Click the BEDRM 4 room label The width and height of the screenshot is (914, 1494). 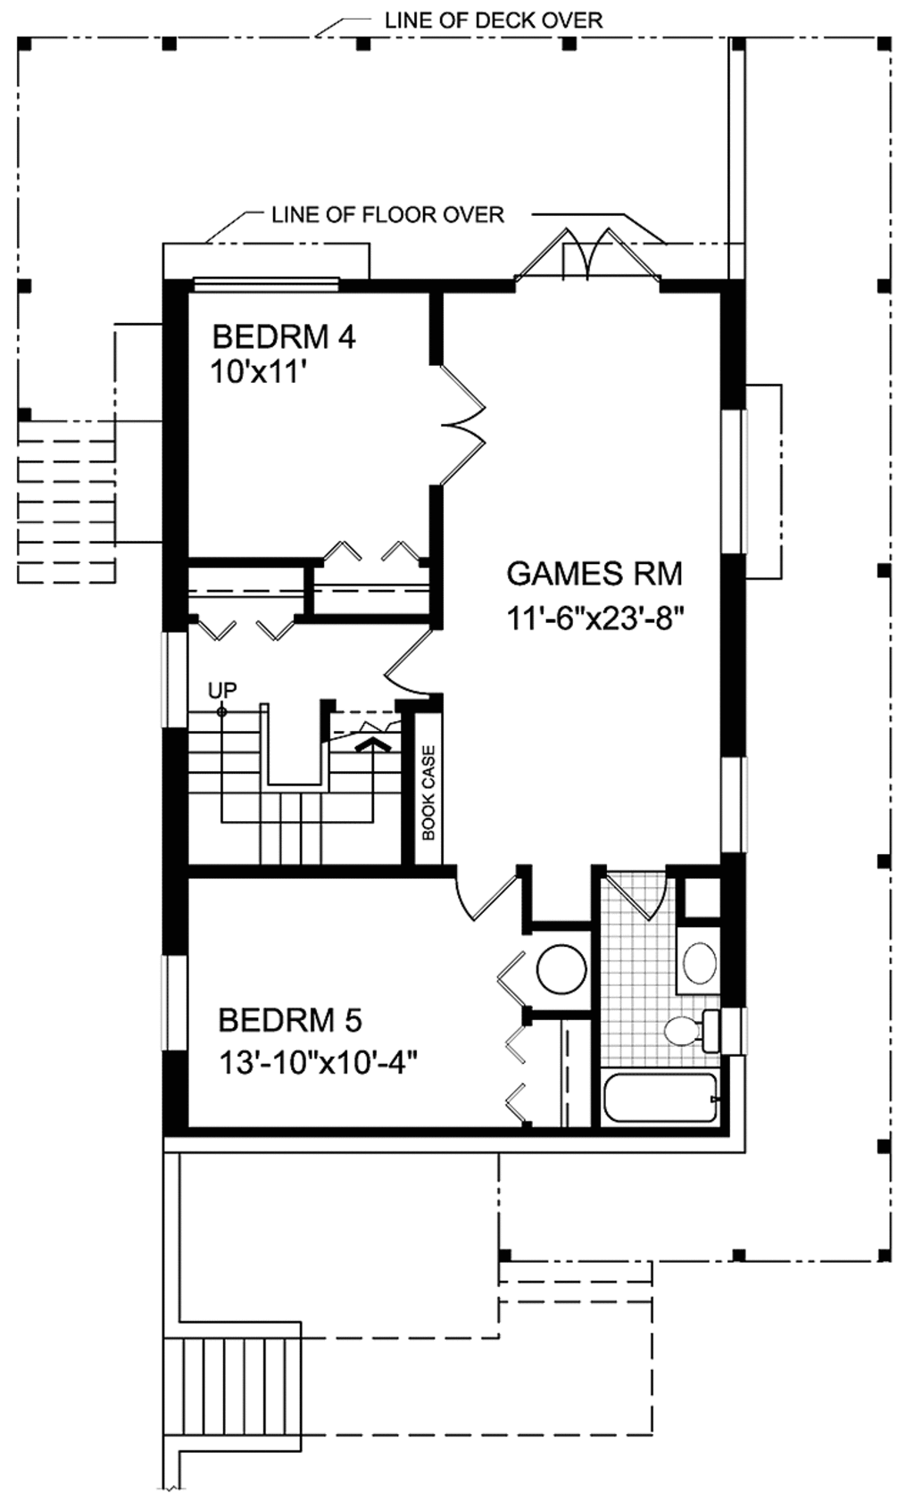284,337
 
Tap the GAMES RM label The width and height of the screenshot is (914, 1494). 594,573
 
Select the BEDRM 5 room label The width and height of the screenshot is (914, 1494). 290,1019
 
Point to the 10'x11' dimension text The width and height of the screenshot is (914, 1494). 253,370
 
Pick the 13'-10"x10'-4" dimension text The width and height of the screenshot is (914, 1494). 319,1062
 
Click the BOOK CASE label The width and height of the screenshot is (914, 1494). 429,793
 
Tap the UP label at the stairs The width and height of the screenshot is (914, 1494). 222,690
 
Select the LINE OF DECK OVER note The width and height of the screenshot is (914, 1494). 494,20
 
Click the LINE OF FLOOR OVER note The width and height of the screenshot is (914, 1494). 387,214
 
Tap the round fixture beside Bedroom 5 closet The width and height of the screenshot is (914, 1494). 561,969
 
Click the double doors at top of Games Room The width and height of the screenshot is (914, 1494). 586,258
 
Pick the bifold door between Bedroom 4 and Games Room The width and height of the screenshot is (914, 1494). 462,426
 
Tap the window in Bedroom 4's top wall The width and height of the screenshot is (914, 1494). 266,284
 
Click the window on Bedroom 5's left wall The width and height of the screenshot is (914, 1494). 175,1003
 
